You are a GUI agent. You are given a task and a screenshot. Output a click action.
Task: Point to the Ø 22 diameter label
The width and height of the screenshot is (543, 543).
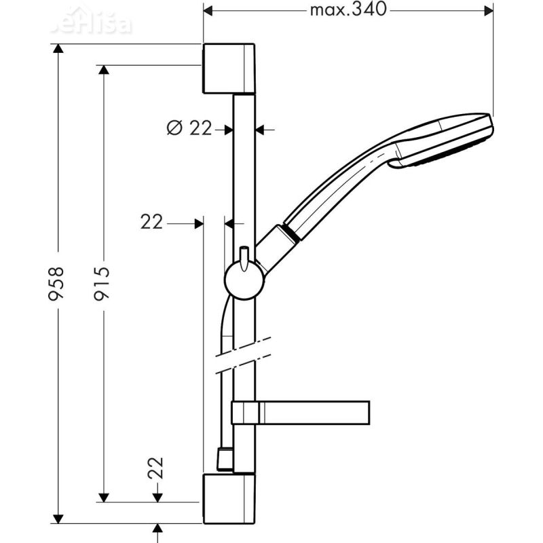(x=190, y=127)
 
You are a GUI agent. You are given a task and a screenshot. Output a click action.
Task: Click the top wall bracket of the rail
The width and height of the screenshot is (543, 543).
(x=229, y=69)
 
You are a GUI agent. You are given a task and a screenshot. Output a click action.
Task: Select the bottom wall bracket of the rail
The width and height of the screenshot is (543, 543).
(x=229, y=500)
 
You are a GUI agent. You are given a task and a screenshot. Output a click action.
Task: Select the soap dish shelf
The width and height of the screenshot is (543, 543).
(x=300, y=412)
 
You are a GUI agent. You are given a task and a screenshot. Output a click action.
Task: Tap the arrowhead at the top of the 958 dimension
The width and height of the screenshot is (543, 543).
(x=59, y=49)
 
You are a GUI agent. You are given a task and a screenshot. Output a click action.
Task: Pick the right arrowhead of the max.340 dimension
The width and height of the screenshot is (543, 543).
(x=487, y=10)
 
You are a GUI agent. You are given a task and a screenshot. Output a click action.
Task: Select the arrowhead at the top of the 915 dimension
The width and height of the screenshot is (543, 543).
(x=104, y=71)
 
